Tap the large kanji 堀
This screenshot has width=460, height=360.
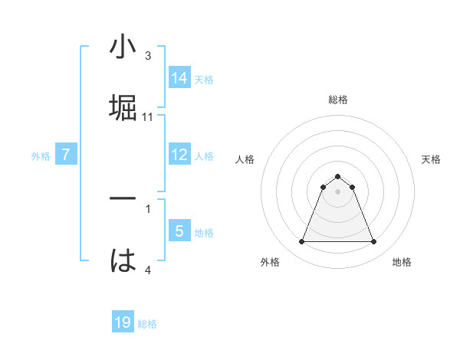[123, 107]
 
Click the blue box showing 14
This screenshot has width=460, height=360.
[179, 77]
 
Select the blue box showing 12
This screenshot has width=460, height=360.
[179, 155]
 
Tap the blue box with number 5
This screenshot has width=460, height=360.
[179, 231]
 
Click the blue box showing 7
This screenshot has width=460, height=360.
[66, 155]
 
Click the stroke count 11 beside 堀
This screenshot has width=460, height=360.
[149, 117]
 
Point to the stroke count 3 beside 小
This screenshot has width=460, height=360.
[148, 55]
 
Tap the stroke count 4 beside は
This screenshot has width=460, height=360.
[148, 270]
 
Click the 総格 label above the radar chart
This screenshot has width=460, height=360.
[338, 100]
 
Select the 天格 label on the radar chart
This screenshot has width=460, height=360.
[431, 159]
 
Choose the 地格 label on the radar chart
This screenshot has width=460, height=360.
[402, 262]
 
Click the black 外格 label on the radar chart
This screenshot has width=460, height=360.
[270, 262]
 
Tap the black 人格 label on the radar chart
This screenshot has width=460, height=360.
[245, 159]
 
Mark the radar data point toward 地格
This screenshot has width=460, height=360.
[373, 242]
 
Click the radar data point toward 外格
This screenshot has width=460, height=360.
[302, 242]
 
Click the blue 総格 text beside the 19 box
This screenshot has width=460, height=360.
[147, 324]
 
